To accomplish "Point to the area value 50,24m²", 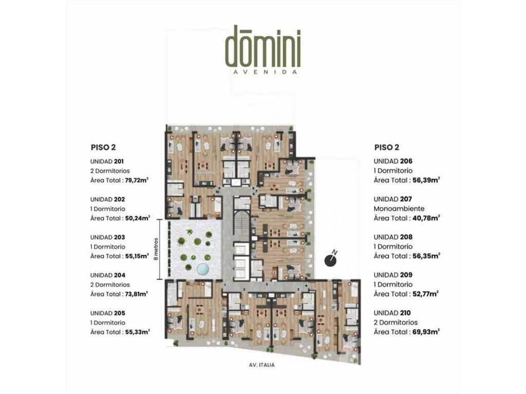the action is [138, 218].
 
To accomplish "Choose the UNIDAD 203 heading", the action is [108, 237].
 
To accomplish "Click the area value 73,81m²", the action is [137, 294].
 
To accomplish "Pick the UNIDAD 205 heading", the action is [108, 313].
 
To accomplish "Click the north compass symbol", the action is [331, 259].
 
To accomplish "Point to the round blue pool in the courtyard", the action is [202, 269].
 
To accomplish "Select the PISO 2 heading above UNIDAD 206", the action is [387, 147].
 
